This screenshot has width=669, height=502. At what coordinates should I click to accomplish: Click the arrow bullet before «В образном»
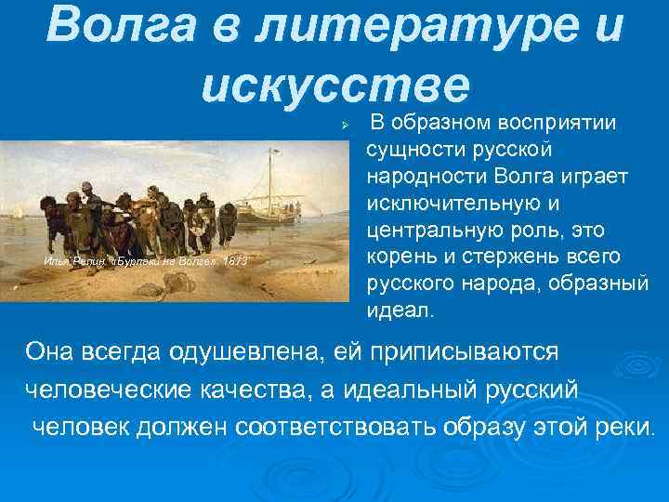pos(344,124)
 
